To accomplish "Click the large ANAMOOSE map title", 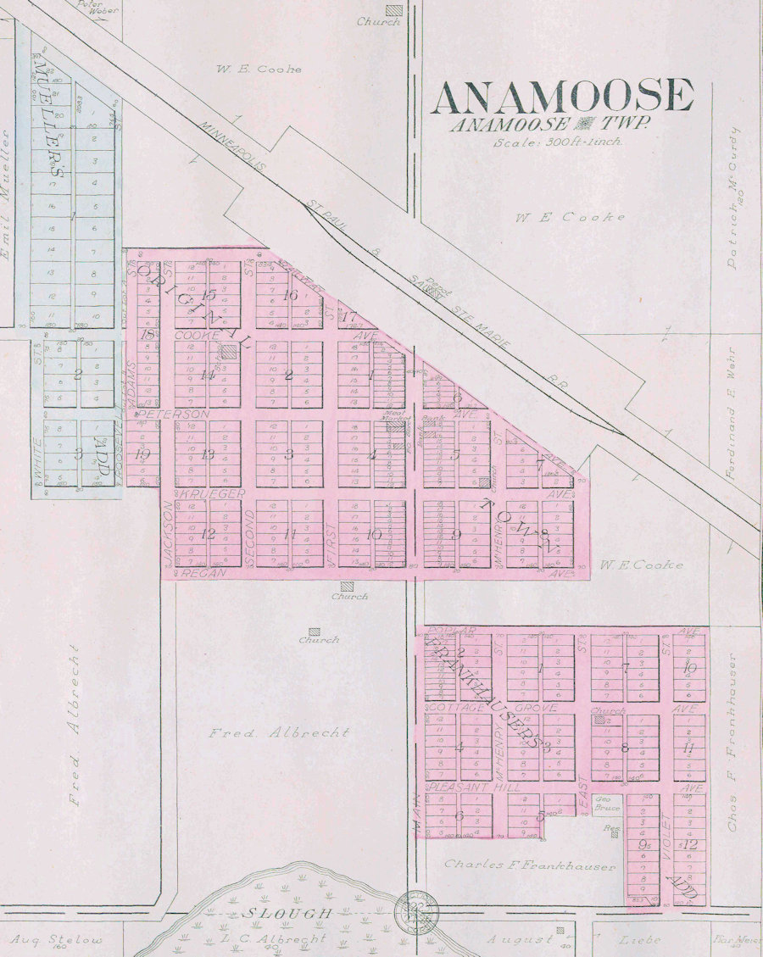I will click(561, 96).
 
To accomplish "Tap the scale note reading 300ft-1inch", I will click(558, 142).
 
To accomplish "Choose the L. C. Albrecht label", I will click(283, 939).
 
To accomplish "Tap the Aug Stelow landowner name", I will click(57, 940).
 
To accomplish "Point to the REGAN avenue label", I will click(201, 574).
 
